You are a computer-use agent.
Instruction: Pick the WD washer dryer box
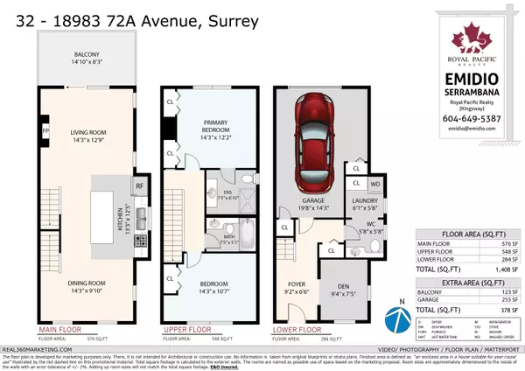375,185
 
